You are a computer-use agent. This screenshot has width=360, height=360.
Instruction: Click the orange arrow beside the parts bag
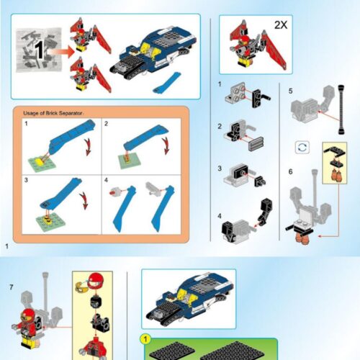[x=63, y=50]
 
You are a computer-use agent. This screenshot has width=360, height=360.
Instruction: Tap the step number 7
[x=11, y=287]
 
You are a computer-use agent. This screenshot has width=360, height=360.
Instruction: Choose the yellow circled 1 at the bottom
[x=145, y=338]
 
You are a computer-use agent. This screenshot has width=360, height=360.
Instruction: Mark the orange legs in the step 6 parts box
[x=335, y=174]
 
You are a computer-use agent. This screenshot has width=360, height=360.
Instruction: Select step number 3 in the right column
[x=220, y=168]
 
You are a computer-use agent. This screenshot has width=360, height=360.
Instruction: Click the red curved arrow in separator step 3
[x=83, y=198]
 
